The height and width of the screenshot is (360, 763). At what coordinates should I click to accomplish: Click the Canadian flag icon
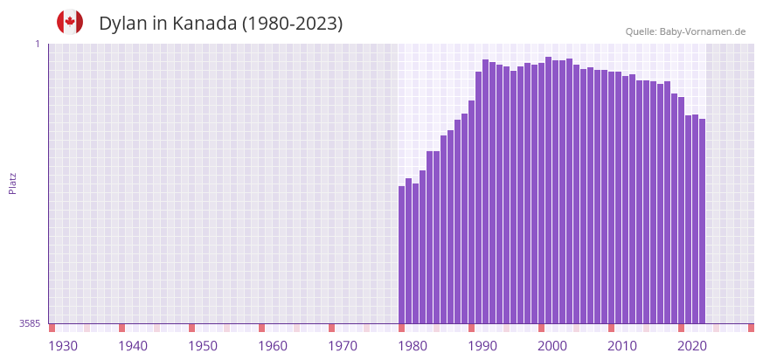pos(70,23)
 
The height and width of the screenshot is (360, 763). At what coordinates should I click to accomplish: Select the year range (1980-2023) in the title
pos(293,24)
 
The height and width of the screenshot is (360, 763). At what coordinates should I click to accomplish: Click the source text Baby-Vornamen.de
pos(702,32)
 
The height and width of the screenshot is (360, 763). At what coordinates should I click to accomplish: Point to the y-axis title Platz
pos(13,183)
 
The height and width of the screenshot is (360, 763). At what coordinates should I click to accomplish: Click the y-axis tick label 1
pos(37,44)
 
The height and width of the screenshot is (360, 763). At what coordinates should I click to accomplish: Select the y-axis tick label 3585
pos(30,323)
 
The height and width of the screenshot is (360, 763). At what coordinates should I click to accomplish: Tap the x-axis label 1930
pos(63,346)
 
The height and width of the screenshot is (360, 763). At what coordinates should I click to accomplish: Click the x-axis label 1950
pos(203,346)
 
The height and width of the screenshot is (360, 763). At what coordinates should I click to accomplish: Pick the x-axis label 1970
pos(343,346)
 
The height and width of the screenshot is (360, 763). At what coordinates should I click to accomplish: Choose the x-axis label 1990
pos(482,346)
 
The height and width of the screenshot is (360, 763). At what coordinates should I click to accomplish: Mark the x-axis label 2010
pos(622,346)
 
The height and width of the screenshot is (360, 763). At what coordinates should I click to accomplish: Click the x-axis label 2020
pos(692,346)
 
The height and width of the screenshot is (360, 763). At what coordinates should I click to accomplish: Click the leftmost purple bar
pos(402,254)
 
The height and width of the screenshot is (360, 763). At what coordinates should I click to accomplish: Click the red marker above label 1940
pos(122,328)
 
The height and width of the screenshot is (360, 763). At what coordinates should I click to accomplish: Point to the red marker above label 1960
pos(261,328)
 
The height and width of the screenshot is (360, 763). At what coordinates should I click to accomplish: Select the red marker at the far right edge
pos(751,328)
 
